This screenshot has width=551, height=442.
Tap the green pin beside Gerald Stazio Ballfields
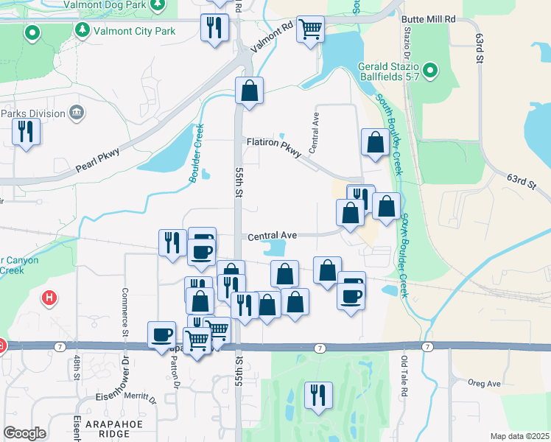pos(432,71)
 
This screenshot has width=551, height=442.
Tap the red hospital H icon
pos(49,298)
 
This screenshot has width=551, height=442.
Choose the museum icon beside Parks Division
pos(77,113)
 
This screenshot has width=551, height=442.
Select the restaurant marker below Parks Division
pos(27,131)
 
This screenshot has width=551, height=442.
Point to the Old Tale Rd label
pos(404,376)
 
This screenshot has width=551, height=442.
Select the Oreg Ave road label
pos(484,383)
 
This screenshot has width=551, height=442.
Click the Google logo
pos(24,433)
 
